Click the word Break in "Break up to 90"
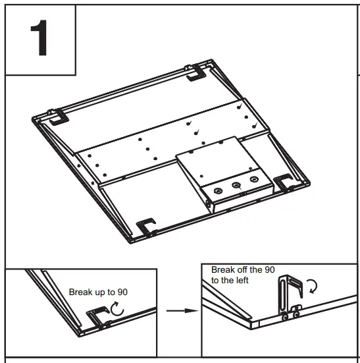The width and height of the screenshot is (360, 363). pos(82,291)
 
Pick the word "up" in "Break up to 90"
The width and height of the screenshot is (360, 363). pos(101,291)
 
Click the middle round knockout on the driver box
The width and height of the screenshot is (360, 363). pos(236,185)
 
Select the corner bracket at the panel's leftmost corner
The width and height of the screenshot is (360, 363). pos(56,117)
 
